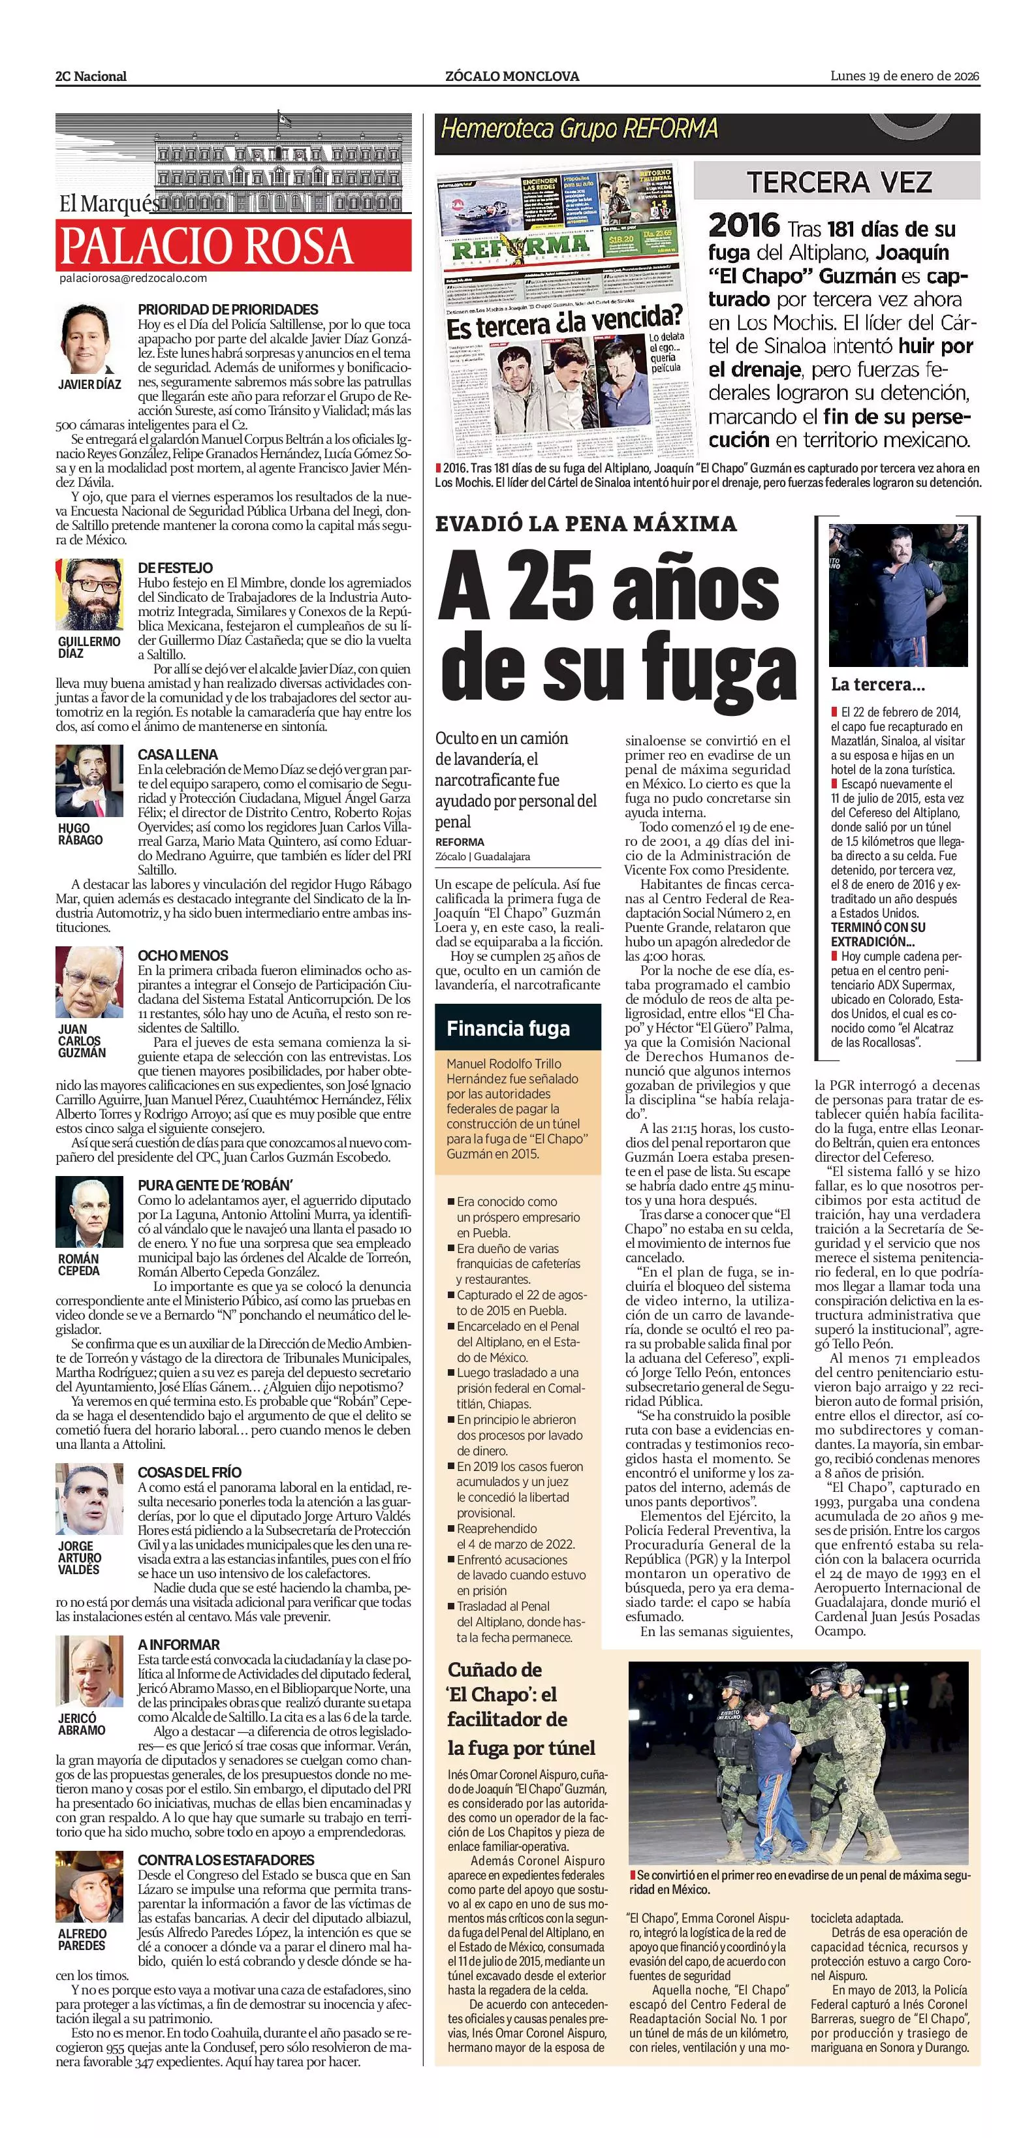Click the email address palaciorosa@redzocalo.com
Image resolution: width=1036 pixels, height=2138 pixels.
click(x=133, y=279)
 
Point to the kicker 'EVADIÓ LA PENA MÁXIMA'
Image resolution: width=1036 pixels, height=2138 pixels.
click(x=586, y=523)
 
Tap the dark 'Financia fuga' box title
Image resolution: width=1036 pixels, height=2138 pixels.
click(x=508, y=1029)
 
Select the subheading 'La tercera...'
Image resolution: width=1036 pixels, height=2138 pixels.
click(x=877, y=685)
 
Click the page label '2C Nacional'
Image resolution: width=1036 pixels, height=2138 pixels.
click(x=91, y=76)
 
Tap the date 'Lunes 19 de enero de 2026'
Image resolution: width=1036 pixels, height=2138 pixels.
click(x=904, y=76)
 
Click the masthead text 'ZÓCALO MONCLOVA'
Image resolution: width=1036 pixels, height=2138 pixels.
click(x=511, y=76)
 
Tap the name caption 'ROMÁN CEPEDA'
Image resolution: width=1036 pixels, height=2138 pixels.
click(x=79, y=1265)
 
